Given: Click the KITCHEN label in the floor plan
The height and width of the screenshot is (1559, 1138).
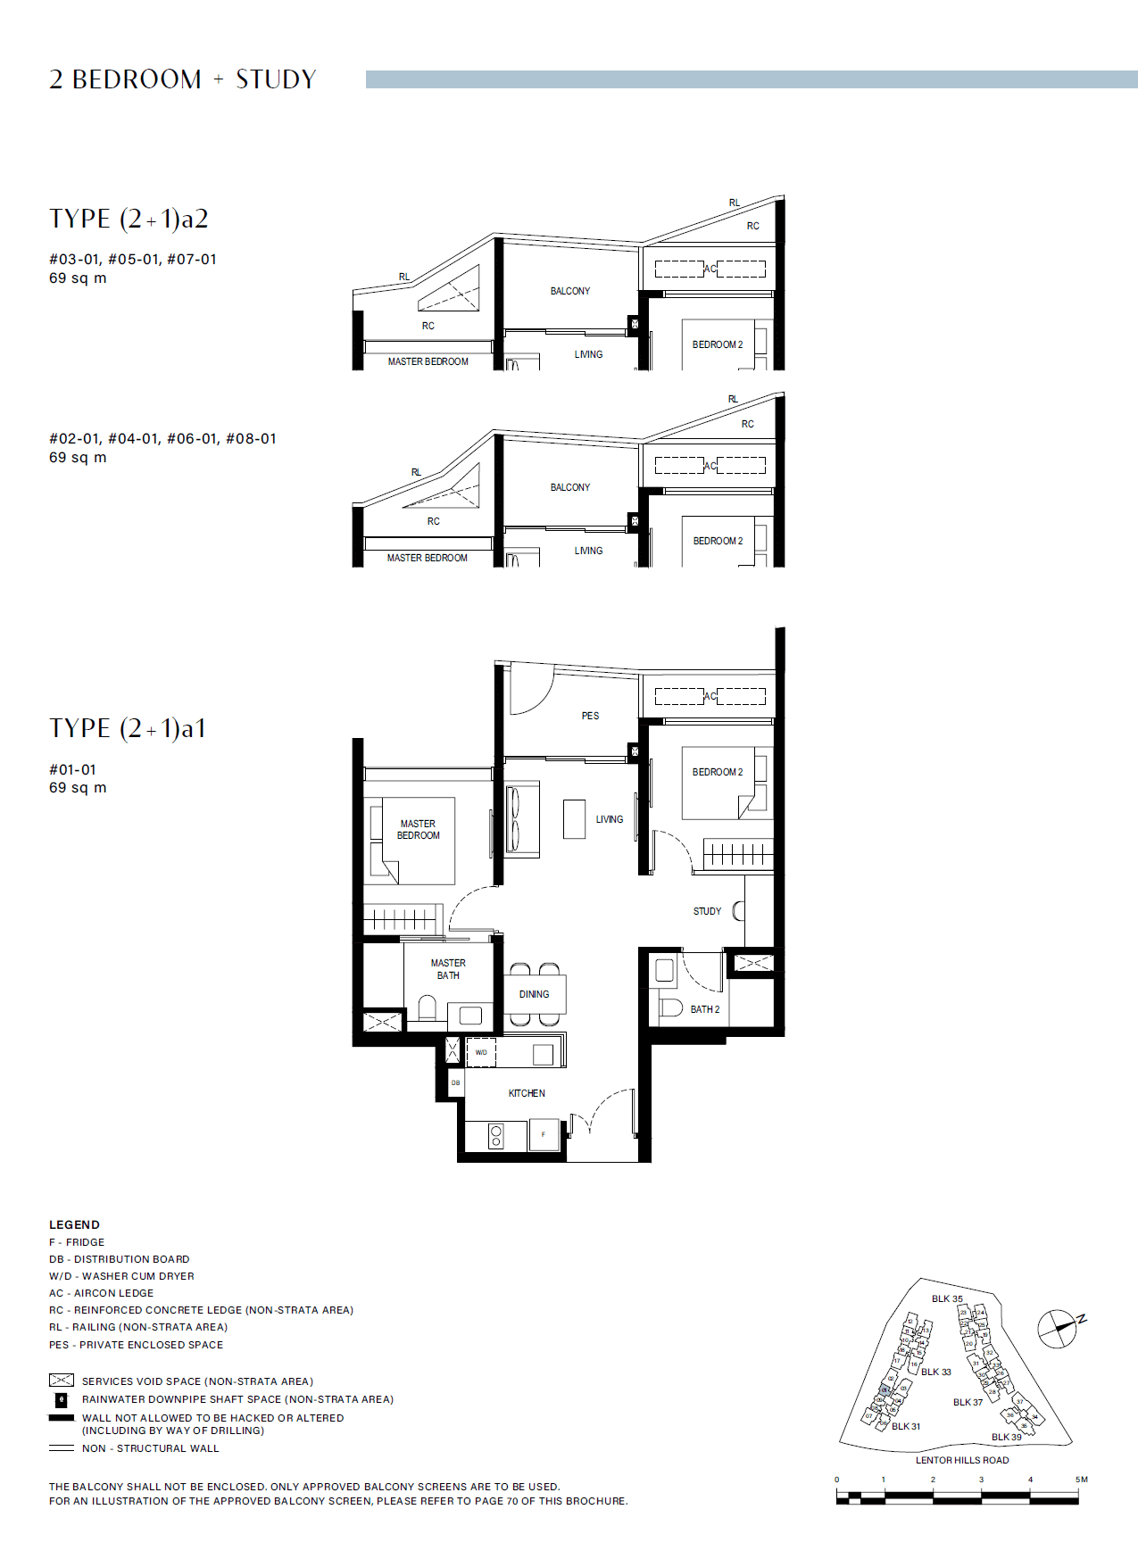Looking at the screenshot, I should click(x=527, y=1093).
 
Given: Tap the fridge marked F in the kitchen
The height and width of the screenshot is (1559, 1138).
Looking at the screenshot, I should click(x=543, y=1134).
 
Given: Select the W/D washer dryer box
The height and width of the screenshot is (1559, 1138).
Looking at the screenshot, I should click(x=481, y=1052).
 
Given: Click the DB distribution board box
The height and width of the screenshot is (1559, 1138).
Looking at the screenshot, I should click(x=455, y=1082).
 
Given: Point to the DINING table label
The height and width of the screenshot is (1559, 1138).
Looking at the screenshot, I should click(x=534, y=994).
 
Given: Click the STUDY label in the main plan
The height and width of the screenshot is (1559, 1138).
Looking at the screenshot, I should click(x=707, y=911).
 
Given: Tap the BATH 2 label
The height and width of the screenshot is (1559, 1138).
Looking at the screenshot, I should click(x=704, y=1009).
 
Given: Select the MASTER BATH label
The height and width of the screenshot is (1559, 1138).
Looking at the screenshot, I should click(x=448, y=969).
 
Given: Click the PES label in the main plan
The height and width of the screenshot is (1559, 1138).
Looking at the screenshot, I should click(x=590, y=716).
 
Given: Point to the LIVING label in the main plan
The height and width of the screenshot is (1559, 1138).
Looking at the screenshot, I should click(x=610, y=819).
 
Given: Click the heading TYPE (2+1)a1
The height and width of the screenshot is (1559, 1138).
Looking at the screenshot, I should click(x=128, y=728).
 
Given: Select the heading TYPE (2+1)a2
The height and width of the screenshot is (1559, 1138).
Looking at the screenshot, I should click(x=129, y=219).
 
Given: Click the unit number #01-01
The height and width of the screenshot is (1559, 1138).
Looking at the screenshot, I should click(x=72, y=769).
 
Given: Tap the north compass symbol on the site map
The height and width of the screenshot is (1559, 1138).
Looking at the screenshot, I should click(x=1059, y=1328).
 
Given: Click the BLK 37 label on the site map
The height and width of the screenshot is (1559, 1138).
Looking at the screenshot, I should click(x=968, y=1402).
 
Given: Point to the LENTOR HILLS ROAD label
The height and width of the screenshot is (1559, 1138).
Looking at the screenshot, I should click(x=961, y=1460).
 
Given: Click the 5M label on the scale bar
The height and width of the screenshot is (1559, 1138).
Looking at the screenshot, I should click(x=1081, y=1480).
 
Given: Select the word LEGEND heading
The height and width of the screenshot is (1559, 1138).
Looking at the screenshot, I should click(x=74, y=1224).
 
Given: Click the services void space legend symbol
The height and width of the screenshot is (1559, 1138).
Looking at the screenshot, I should click(x=61, y=1381).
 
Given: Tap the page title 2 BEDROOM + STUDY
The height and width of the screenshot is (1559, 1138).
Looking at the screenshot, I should click(x=183, y=79).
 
